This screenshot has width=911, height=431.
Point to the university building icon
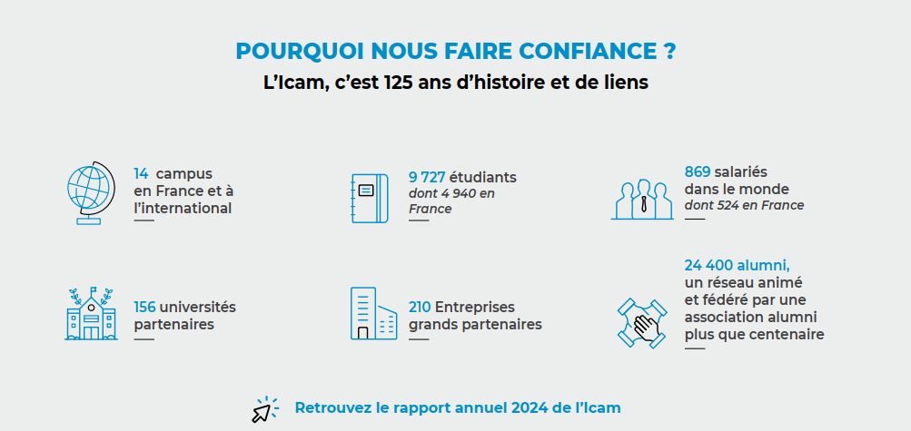click(x=91, y=314)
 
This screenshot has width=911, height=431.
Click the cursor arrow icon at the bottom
click(x=264, y=410)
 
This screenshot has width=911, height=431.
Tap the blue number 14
click(x=141, y=173)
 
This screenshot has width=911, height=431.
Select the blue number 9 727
click(x=427, y=177)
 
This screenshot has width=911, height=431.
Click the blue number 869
click(x=698, y=171)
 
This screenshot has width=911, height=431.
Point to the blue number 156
click(x=145, y=307)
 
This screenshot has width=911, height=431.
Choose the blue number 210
click(x=420, y=307)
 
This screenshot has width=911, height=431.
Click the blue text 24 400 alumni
click(x=737, y=265)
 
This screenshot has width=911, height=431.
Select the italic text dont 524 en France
click(x=744, y=205)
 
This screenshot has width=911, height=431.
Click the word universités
click(x=198, y=307)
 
